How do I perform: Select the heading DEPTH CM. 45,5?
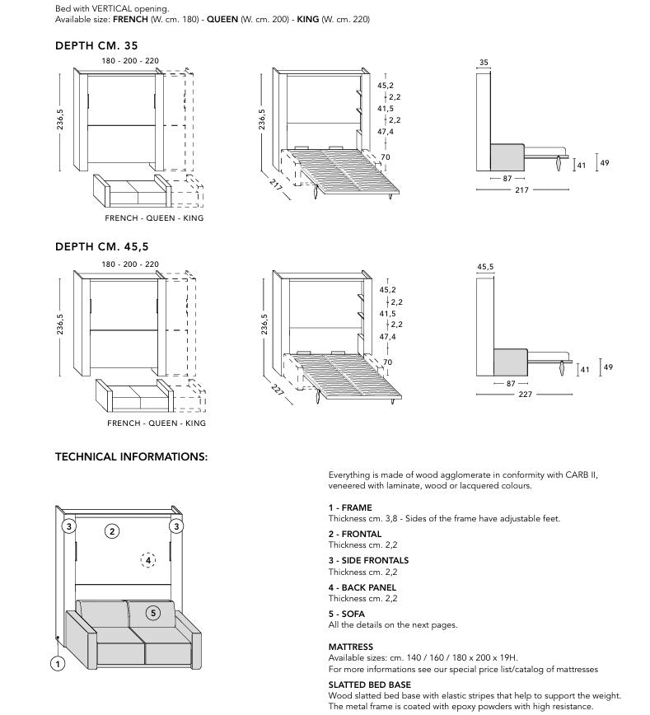click(101, 246)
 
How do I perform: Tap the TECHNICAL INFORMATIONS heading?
click(131, 456)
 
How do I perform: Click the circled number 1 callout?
click(58, 661)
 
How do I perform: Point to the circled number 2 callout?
click(113, 531)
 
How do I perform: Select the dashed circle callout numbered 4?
click(148, 560)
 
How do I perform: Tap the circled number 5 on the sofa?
click(153, 612)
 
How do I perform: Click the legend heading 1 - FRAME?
click(350, 507)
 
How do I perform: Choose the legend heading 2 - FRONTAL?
click(355, 534)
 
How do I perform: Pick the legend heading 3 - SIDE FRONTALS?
click(368, 560)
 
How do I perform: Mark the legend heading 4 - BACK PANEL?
click(362, 587)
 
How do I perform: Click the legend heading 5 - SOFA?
click(346, 614)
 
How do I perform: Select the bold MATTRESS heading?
click(351, 647)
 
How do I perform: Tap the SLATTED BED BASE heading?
click(370, 685)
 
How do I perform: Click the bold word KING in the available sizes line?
click(309, 19)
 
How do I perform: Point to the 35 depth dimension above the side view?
click(484, 62)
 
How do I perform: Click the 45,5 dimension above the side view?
click(485, 267)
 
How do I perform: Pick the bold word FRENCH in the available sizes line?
click(130, 19)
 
